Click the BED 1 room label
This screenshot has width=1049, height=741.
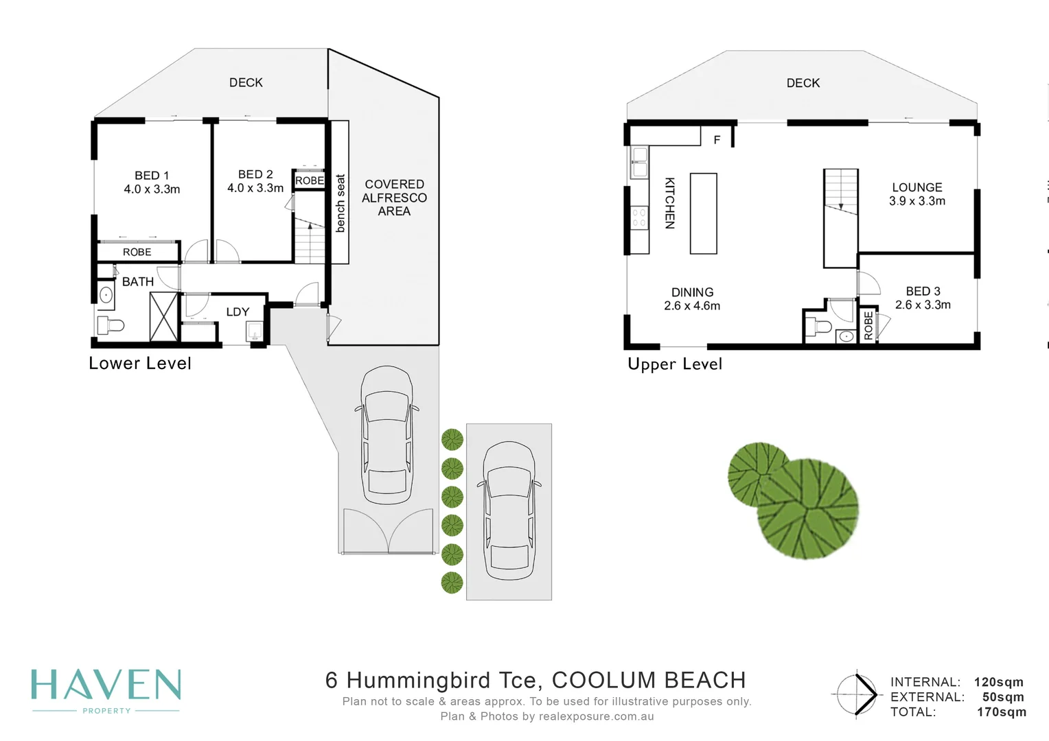pyautogui.click(x=152, y=176)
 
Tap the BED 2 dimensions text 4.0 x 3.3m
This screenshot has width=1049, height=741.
pyautogui.click(x=255, y=188)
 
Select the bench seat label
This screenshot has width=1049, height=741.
pyautogui.click(x=341, y=203)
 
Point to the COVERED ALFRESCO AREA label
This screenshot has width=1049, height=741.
pyautogui.click(x=394, y=198)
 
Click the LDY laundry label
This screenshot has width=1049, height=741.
pyautogui.click(x=238, y=311)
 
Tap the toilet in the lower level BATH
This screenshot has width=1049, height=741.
pyautogui.click(x=111, y=325)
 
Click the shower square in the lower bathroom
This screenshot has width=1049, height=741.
pyautogui.click(x=164, y=316)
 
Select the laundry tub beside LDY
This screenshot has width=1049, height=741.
pyautogui.click(x=254, y=331)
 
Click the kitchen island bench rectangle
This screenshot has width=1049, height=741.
pyautogui.click(x=704, y=213)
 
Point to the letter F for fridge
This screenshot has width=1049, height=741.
pyautogui.click(x=717, y=139)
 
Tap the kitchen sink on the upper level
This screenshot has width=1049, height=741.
pyautogui.click(x=640, y=162)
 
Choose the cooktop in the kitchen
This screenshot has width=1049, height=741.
pyautogui.click(x=640, y=218)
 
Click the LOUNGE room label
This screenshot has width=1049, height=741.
pyautogui.click(x=917, y=188)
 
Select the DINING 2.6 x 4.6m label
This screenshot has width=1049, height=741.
pyautogui.click(x=692, y=298)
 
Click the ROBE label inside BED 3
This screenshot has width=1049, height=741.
pyautogui.click(x=868, y=325)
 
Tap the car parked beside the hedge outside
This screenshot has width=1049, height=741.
pyautogui.click(x=509, y=511)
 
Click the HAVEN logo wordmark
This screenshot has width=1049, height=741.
pyautogui.click(x=106, y=685)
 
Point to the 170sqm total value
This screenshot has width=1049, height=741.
pyautogui.click(x=1001, y=712)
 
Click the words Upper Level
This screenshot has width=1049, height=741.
pyautogui.click(x=675, y=364)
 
